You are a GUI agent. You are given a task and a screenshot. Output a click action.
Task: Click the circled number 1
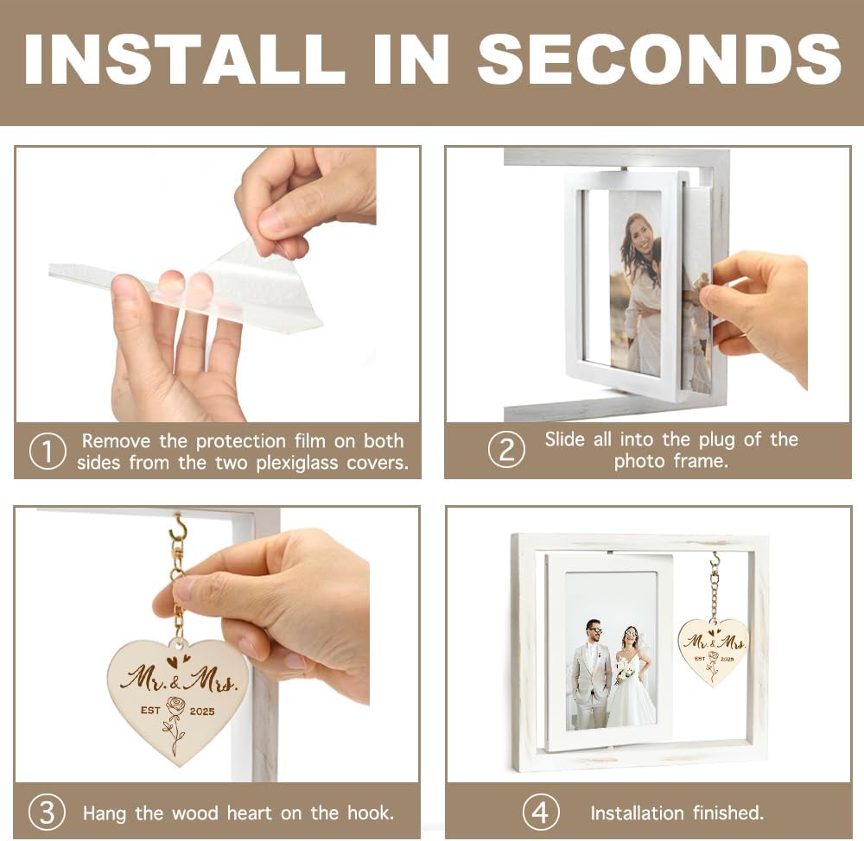(47, 452)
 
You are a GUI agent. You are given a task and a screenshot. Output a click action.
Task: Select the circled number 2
(505, 450)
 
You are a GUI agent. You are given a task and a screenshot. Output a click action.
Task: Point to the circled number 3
(47, 813)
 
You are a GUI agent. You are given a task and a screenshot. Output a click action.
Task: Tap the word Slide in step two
(566, 439)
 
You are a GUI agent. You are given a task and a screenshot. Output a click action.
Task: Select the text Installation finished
(677, 813)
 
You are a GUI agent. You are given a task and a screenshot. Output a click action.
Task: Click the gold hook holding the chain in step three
(179, 528)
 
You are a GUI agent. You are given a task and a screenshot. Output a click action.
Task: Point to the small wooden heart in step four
(713, 651)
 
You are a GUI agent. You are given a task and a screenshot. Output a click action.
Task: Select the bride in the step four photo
(632, 682)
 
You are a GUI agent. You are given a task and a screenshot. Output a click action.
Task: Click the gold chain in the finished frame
(715, 587)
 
